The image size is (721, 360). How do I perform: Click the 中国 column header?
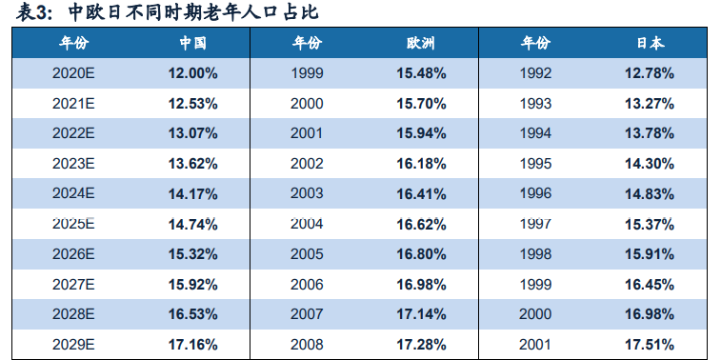pyautogui.click(x=193, y=44)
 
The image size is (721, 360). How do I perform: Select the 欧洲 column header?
pyautogui.click(x=422, y=44)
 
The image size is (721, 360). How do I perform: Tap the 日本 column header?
pyautogui.click(x=651, y=44)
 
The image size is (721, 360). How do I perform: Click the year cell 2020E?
pyautogui.click(x=73, y=72)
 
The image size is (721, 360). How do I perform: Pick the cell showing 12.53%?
pyautogui.click(x=193, y=103)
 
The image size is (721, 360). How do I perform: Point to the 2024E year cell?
pyautogui.click(x=73, y=194)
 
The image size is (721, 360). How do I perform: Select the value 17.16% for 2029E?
pyautogui.click(x=193, y=345)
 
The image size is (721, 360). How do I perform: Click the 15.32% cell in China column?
pyautogui.click(x=193, y=254)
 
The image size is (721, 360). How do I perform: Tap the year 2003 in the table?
pyautogui.click(x=307, y=194)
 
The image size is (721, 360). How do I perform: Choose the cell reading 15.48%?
pyautogui.click(x=422, y=72)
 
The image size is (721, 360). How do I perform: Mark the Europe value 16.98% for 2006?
pyautogui.click(x=422, y=285)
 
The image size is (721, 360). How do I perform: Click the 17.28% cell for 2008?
pyautogui.click(x=422, y=345)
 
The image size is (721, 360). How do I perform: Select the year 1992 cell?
pyautogui.click(x=536, y=72)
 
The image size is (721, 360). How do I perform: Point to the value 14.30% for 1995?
pyautogui.click(x=651, y=164)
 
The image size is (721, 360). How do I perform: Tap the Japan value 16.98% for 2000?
pyautogui.click(x=651, y=314)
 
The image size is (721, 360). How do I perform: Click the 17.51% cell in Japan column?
pyautogui.click(x=651, y=345)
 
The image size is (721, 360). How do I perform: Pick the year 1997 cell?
pyautogui.click(x=536, y=224)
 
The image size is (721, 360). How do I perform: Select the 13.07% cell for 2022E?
pyautogui.click(x=193, y=133)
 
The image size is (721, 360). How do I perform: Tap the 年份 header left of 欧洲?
pyautogui.click(x=307, y=44)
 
